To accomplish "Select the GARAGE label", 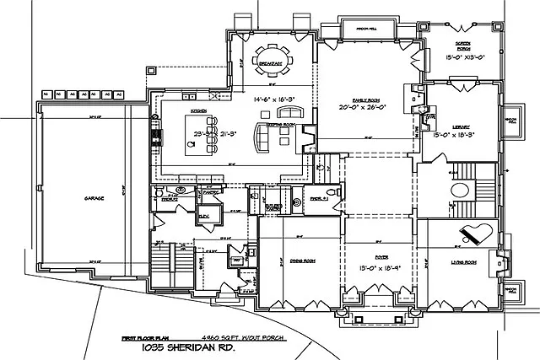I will pyautogui.click(x=93, y=199).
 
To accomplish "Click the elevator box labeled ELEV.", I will pyautogui.click(x=203, y=215).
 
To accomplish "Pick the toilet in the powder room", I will pyautogui.click(x=297, y=202).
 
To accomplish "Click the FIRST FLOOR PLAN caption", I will pyautogui.click(x=140, y=336).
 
